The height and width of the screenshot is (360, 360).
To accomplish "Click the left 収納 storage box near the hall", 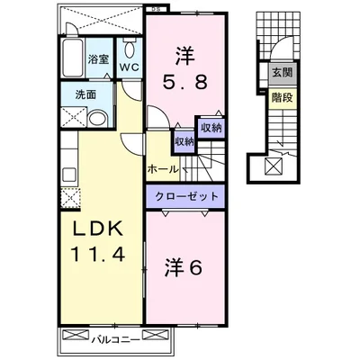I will pyautogui.click(x=184, y=140).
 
